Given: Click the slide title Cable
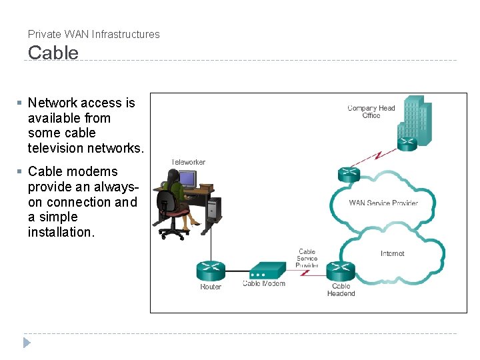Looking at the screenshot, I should pos(53,53).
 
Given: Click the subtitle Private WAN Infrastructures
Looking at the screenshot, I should pos(94,34).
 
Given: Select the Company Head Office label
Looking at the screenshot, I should pos(371,112).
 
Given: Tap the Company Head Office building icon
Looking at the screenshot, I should pos(413,120).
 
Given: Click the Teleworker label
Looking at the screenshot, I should pos(189,162).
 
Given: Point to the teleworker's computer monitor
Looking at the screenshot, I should pos(188,179).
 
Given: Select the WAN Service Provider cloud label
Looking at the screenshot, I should pos(383,203).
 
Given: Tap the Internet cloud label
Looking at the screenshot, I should pos(392,253).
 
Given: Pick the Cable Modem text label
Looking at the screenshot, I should pos(264,284).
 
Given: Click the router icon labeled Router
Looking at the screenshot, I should pos(211,271).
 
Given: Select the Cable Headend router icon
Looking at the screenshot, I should pos(341,271).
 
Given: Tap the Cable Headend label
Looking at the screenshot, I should pos(341,290).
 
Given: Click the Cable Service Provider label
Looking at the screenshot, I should pos(307,259).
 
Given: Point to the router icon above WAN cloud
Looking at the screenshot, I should pos(349,175).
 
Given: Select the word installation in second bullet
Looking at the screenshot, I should pos(61,232).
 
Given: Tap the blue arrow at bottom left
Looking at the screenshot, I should pos(27,343).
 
